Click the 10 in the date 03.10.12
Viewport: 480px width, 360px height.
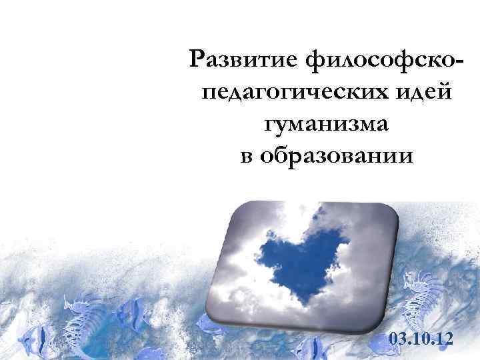421,339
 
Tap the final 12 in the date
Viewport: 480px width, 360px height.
444,339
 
